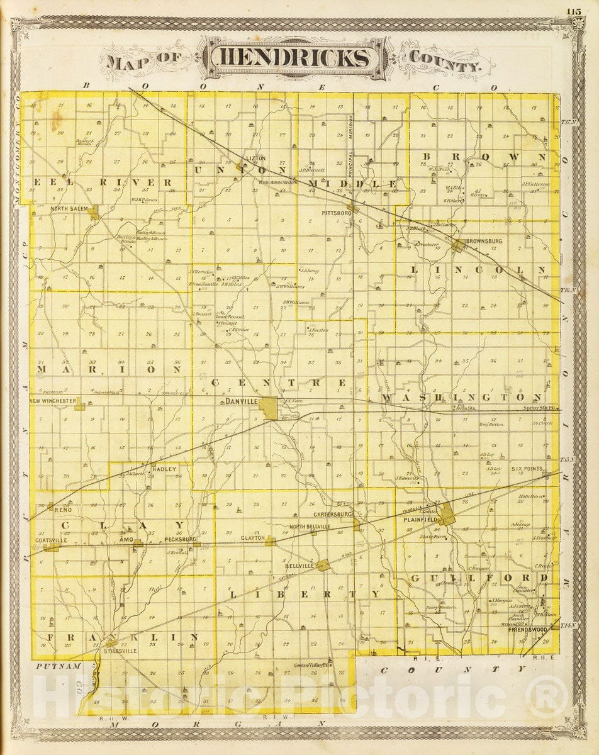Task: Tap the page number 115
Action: pyautogui.click(x=574, y=11)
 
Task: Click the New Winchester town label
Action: pyautogui.click(x=53, y=401)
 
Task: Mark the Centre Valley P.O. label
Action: pyautogui.click(x=312, y=665)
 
